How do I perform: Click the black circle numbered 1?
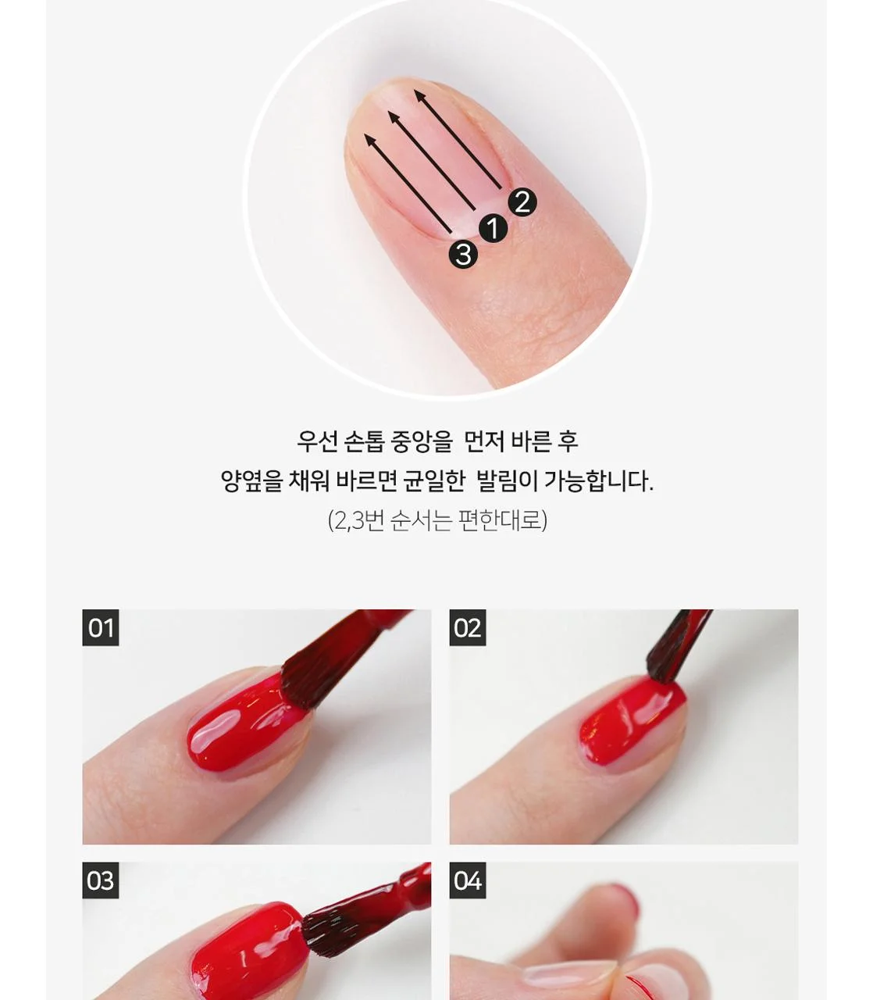[493, 228]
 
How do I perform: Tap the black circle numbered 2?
[522, 202]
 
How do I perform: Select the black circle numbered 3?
[463, 254]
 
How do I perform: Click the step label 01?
[101, 627]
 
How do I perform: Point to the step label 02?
[468, 627]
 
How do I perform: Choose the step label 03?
[101, 880]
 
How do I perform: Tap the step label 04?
[468, 880]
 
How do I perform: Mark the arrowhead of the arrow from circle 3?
[369, 140]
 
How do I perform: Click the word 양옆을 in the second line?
[251, 481]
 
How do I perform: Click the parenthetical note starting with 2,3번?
[437, 520]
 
